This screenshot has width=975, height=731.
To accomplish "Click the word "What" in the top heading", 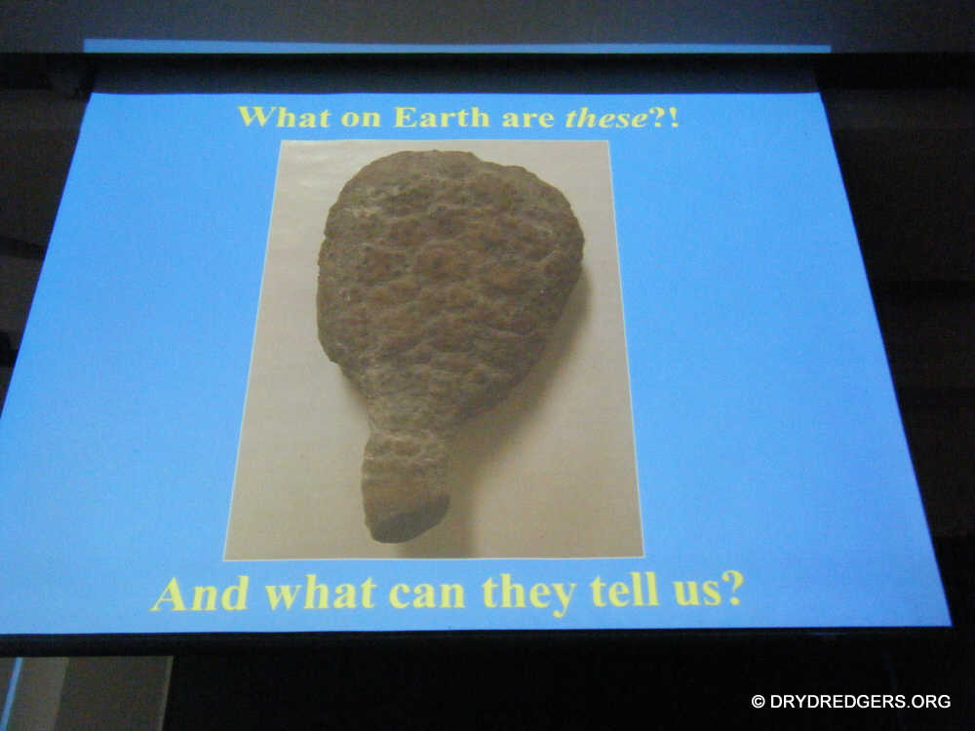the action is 284,117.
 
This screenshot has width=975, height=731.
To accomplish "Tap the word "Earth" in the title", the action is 442,117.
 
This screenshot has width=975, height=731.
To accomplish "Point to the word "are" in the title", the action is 527,119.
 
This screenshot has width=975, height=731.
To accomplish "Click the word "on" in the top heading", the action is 362,119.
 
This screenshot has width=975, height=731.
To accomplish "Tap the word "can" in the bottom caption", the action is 427,596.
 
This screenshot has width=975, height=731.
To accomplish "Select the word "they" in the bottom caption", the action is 529,596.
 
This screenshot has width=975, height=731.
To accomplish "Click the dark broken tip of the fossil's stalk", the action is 408,520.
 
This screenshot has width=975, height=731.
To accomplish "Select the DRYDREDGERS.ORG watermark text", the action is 860,702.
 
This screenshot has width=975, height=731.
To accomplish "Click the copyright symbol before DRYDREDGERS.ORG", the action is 758,702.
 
